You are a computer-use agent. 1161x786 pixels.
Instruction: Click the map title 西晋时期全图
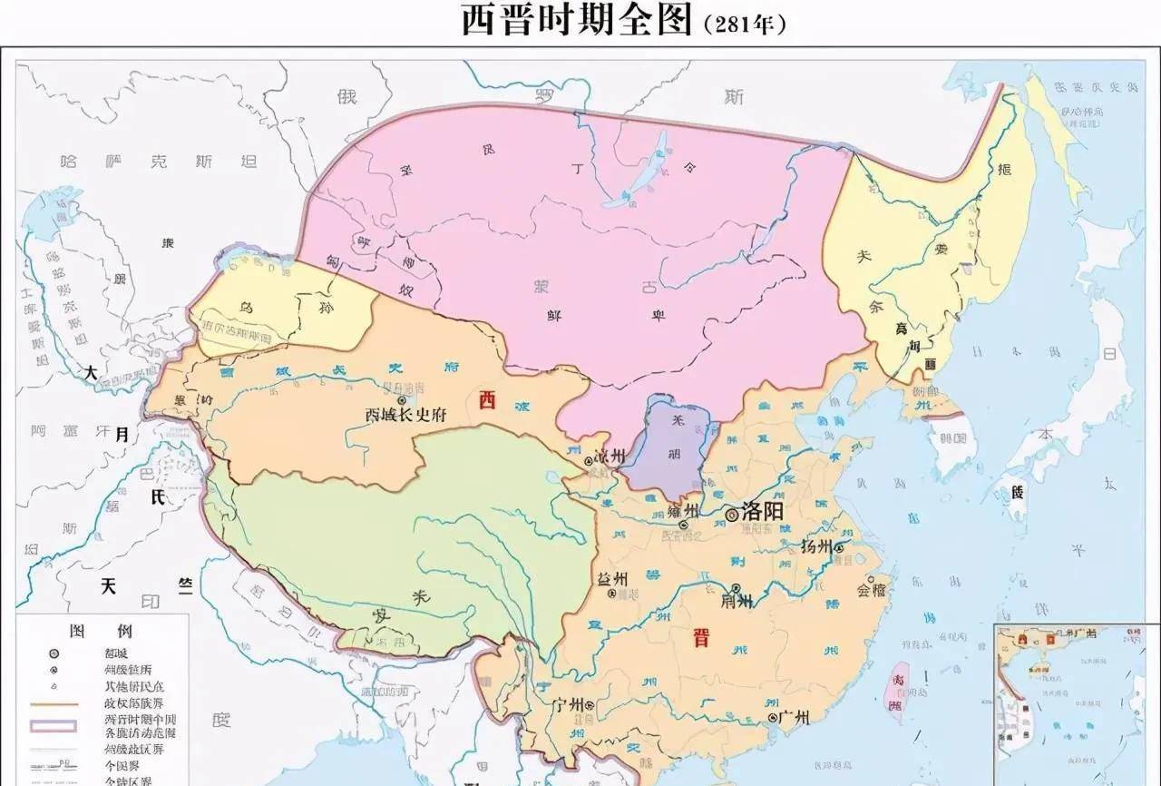pos(577,20)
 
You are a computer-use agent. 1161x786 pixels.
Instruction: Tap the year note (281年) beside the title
pos(744,24)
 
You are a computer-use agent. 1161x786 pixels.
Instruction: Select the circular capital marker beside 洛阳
pos(731,515)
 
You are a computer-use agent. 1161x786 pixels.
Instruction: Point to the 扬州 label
pos(815,546)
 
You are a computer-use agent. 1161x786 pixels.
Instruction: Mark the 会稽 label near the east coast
pos(871,589)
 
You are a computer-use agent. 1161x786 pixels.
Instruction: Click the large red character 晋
pos(700,638)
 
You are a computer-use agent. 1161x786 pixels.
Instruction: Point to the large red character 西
pos(487,400)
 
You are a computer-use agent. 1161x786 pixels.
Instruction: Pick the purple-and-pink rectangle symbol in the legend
pos(54,725)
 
